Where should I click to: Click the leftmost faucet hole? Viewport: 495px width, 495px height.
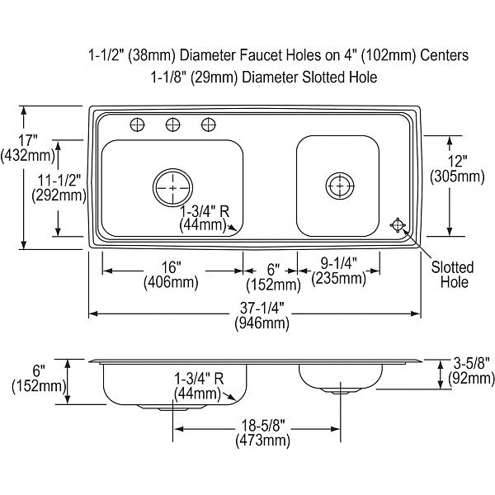(137, 125)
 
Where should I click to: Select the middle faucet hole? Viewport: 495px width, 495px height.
(173, 125)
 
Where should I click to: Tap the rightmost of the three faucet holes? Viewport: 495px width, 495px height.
(209, 125)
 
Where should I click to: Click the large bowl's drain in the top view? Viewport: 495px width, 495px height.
(172, 187)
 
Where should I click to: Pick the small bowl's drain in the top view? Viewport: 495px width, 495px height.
(340, 186)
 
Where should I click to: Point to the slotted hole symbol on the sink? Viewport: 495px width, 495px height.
(398, 225)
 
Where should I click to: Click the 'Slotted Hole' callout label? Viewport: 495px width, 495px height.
(453, 275)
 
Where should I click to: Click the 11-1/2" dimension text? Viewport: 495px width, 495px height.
(59, 181)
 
